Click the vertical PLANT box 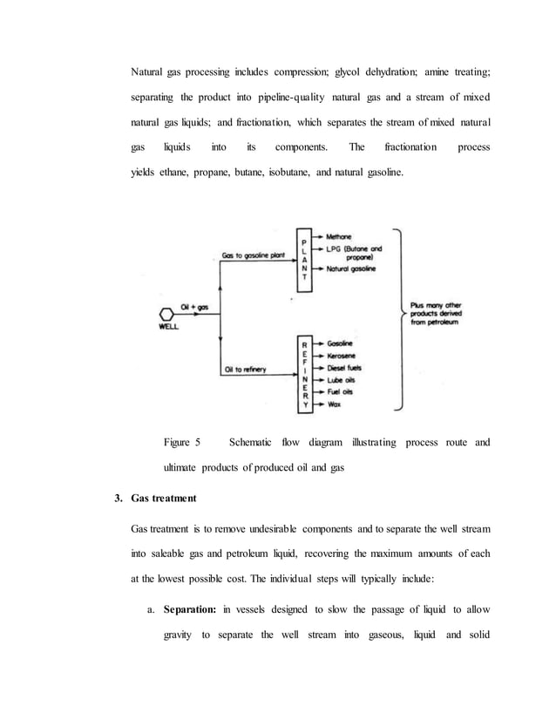[303, 259]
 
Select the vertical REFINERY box [303, 375]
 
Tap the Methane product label [339, 236]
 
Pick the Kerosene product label [342, 357]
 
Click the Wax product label [334, 405]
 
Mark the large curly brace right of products [398, 318]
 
